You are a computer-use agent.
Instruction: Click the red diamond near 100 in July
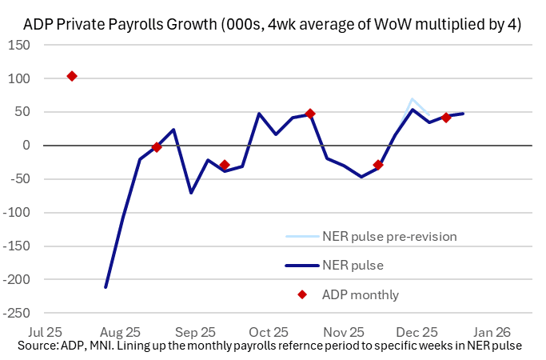pyautogui.click(x=72, y=76)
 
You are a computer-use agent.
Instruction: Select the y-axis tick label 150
pyautogui.click(x=20, y=45)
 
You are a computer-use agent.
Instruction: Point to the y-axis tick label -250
pyautogui.click(x=17, y=313)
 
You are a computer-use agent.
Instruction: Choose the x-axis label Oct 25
pyautogui.click(x=269, y=330)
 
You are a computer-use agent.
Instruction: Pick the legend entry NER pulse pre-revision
pyautogui.click(x=388, y=236)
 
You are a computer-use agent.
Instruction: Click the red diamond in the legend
pyautogui.click(x=302, y=294)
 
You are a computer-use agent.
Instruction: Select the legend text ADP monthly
pyautogui.click(x=361, y=294)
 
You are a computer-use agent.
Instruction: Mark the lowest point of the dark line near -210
pyautogui.click(x=106, y=287)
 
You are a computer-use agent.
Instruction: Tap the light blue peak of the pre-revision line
pyautogui.click(x=412, y=99)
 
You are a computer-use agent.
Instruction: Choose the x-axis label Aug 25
pyautogui.click(x=122, y=330)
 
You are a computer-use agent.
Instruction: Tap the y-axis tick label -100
pyautogui.click(x=17, y=213)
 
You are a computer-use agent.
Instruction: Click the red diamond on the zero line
pyautogui.click(x=157, y=147)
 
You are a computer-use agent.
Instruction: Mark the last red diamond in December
pyautogui.click(x=446, y=118)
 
